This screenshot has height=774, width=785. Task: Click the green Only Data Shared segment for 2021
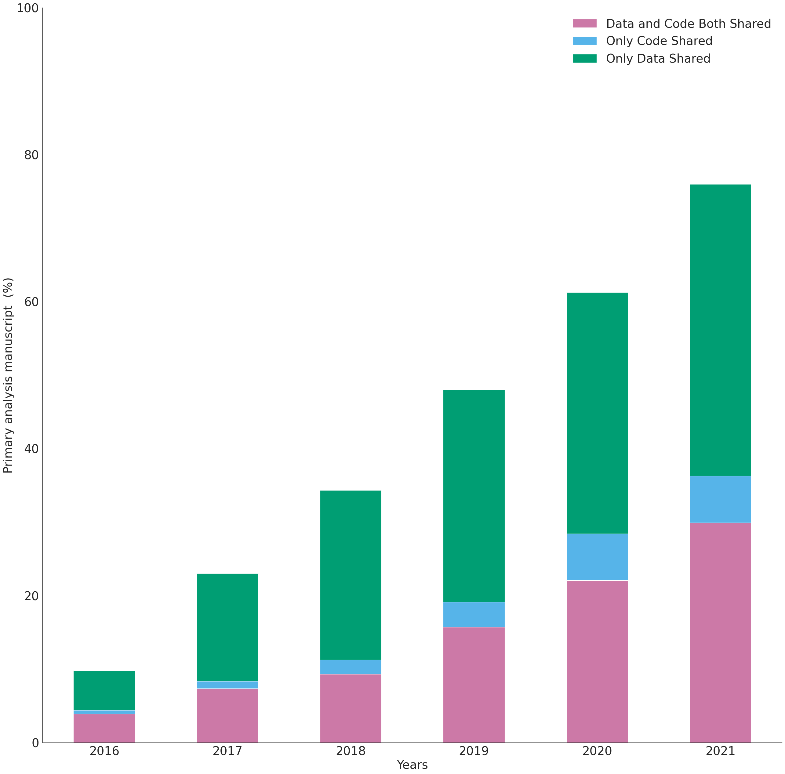coord(720,330)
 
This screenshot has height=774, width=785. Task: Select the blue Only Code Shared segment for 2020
coord(597,557)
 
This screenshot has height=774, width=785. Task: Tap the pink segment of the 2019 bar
coord(474,685)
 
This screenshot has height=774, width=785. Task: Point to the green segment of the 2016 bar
coord(104,690)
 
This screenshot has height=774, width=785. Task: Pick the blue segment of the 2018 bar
coord(351,667)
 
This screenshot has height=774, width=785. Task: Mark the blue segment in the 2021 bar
coord(720,499)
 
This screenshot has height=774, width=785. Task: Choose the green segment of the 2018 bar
coord(351,575)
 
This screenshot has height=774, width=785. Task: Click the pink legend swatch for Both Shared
coord(585,24)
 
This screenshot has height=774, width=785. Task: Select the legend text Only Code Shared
coord(659,41)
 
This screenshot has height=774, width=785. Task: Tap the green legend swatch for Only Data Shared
coord(585,59)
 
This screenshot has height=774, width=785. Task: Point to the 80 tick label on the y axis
coord(31,155)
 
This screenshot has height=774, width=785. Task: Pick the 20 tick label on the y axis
coord(31,596)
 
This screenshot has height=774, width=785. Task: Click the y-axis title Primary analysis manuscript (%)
coord(8,375)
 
